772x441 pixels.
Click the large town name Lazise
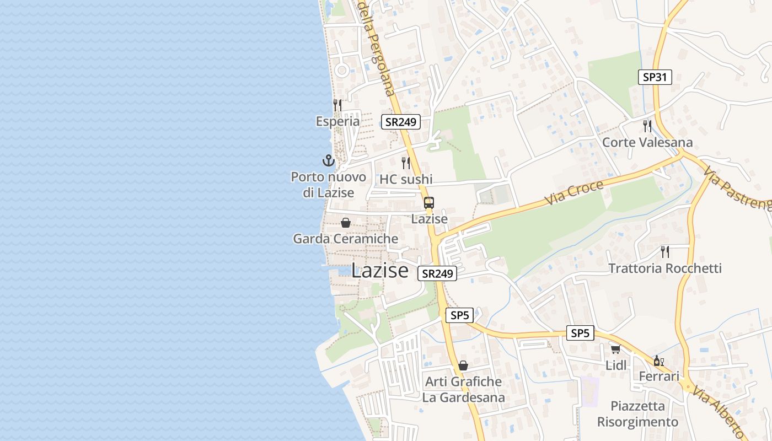pyautogui.click(x=380, y=271)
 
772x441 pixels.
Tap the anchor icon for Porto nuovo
pyautogui.click(x=329, y=161)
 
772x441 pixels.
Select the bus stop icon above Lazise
pyautogui.click(x=429, y=203)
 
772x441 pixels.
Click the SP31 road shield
pyautogui.click(x=655, y=77)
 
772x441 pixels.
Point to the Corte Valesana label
pyautogui.click(x=647, y=142)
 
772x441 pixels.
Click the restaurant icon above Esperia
pyautogui.click(x=337, y=105)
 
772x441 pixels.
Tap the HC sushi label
pyautogui.click(x=406, y=179)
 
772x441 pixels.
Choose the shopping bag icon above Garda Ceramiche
pyautogui.click(x=345, y=223)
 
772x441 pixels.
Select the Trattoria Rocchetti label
pyautogui.click(x=664, y=268)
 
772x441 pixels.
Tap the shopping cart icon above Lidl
pyautogui.click(x=615, y=349)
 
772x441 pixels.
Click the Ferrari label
pyautogui.click(x=658, y=377)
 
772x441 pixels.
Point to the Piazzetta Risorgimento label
pyautogui.click(x=637, y=414)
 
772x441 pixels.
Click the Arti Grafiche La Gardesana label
pyautogui.click(x=463, y=389)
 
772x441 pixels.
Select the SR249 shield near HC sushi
pyautogui.click(x=401, y=122)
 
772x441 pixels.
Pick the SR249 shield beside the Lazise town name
pyautogui.click(x=437, y=273)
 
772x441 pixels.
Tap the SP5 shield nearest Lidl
pyautogui.click(x=580, y=333)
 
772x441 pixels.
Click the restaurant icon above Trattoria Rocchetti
pyautogui.click(x=665, y=252)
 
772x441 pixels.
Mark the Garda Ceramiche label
pyautogui.click(x=345, y=239)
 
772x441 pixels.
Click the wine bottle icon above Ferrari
pyautogui.click(x=657, y=361)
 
